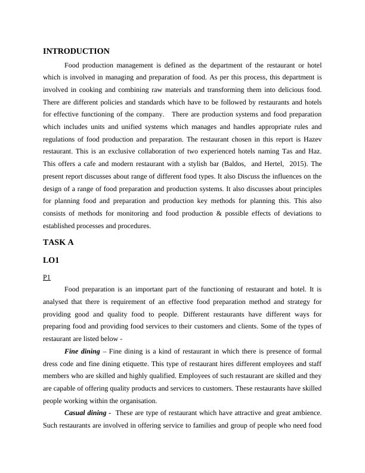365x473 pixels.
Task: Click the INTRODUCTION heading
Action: click(x=76, y=51)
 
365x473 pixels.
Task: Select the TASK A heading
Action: click(x=58, y=242)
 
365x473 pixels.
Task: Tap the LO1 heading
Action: click(x=51, y=261)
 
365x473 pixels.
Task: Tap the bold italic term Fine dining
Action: click(x=82, y=351)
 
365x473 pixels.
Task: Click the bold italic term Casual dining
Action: click(x=86, y=413)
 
